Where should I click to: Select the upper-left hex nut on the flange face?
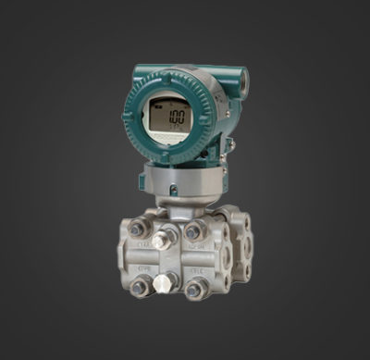140,228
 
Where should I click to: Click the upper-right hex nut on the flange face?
193,230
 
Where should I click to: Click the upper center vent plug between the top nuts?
166,239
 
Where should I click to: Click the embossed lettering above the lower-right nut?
196,271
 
